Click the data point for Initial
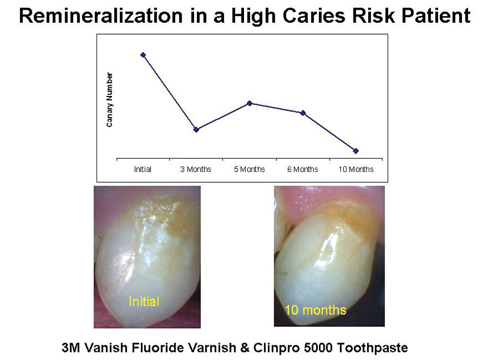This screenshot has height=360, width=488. coord(143,55)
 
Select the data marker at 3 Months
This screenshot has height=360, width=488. coord(196,130)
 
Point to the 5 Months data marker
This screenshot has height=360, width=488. coord(249,103)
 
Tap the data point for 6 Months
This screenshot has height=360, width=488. coord(303,113)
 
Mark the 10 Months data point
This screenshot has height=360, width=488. coord(356,151)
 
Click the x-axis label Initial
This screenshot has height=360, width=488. coord(143,169)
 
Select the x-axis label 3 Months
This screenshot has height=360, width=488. coord(196,169)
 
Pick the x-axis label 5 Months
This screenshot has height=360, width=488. coord(249,169)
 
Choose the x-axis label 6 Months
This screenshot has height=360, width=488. coord(303,169)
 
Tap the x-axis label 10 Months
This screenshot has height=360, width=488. coord(356,169)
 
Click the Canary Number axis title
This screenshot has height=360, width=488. coord(110,100)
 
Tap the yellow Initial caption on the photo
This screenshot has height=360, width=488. coord(144,301)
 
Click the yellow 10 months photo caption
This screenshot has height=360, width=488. coord(316,310)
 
